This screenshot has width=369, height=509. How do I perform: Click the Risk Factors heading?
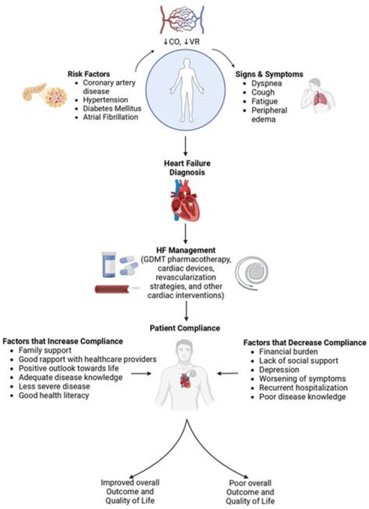[89, 74]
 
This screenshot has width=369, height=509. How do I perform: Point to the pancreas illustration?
[45, 94]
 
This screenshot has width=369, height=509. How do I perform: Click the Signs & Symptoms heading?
[269, 74]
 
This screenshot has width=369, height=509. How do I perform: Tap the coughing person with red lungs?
[317, 96]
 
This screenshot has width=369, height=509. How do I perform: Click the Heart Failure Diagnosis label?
[187, 168]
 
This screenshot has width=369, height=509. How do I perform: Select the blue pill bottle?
[109, 264]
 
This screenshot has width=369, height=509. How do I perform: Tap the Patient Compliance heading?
[184, 328]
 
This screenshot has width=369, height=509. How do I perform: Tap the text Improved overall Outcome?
[130, 487]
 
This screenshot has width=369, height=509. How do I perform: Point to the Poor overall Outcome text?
[250, 487]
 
